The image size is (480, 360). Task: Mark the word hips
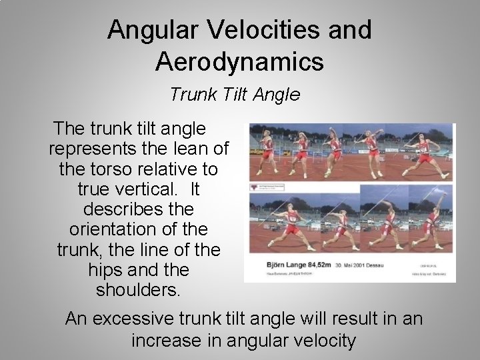(103, 271)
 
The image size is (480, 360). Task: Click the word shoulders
(138, 291)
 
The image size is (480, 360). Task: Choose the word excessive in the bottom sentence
(139, 319)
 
